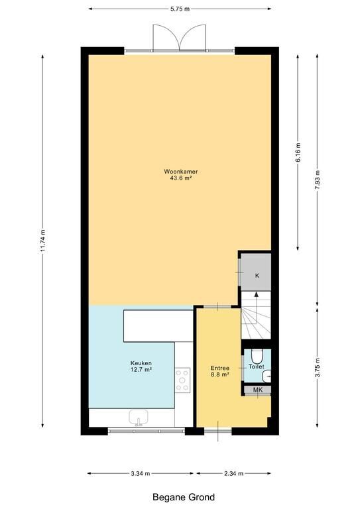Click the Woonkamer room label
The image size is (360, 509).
(181, 172)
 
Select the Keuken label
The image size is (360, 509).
(141, 363)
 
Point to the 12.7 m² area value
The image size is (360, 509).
(141, 369)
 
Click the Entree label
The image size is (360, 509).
(219, 368)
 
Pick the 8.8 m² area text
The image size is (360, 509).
(219, 374)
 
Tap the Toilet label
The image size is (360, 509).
(257, 367)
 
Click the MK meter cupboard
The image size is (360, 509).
(258, 390)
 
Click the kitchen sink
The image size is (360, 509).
(139, 417)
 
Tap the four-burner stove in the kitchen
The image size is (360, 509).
(182, 380)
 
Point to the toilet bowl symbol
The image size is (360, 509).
(258, 356)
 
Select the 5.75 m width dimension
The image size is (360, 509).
(180, 9)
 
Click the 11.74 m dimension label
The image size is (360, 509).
(43, 241)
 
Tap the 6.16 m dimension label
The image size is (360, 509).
(298, 153)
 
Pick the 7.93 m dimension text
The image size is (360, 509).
(318, 181)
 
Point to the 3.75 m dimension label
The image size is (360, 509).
(318, 367)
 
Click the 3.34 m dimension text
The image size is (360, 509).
(141, 473)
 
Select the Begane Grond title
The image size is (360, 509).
(184, 497)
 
